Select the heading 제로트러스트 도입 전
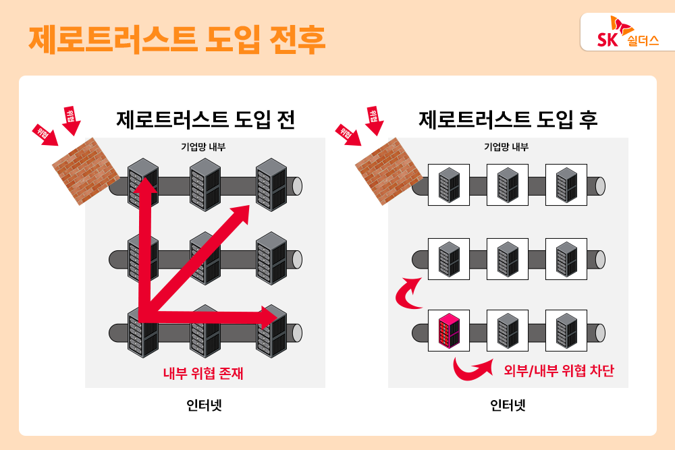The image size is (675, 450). pos(205,119)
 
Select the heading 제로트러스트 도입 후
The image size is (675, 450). pos(508,119)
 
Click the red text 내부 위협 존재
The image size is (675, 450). pos(203,373)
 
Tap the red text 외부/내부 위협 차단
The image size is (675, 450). pos(559,370)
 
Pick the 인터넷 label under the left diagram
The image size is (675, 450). pos(204,405)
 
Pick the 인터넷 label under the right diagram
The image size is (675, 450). pos(508,405)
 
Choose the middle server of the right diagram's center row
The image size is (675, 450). pos(508,258)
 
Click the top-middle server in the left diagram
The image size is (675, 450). pos(206,184)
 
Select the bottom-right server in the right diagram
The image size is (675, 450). pos(566,331)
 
